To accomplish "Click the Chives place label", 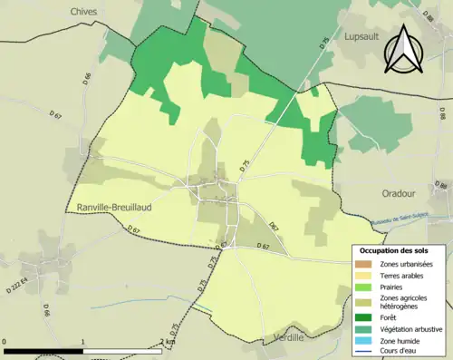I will (83, 11).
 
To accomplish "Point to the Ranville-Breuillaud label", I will (115, 205).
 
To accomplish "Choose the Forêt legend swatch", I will (365, 317).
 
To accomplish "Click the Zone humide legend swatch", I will (365, 340).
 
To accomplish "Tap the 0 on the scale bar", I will (5, 342).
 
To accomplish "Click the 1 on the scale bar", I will (83, 342).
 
